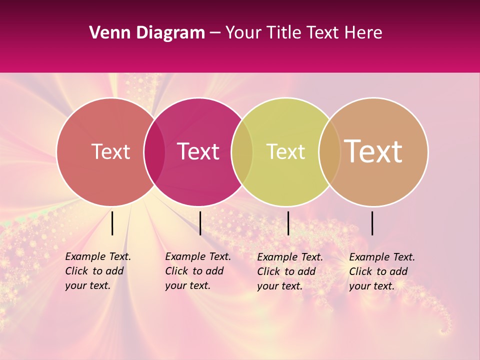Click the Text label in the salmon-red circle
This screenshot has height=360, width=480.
(110, 151)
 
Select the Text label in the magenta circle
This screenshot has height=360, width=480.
(198, 151)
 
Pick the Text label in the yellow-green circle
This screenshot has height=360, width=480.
(285, 151)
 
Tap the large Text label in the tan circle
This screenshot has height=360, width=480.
(373, 151)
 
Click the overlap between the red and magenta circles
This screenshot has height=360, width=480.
(154, 152)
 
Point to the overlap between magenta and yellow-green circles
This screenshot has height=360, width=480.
(242, 152)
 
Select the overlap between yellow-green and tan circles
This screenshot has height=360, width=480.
(329, 152)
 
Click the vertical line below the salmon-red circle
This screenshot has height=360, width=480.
(112, 223)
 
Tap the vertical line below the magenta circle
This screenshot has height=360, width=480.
(200, 223)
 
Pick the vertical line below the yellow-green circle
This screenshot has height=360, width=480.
(288, 223)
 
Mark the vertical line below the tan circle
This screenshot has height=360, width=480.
(372, 223)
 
